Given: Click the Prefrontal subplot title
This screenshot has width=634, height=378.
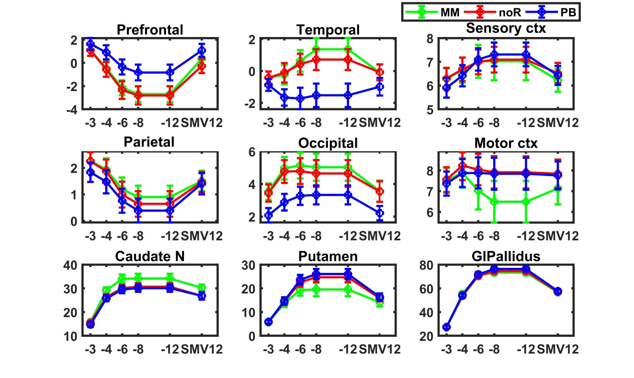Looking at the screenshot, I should pos(150,30).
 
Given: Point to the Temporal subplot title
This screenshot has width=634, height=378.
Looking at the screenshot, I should pos(328,30).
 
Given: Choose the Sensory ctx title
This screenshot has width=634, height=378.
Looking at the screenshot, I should pos(506,28).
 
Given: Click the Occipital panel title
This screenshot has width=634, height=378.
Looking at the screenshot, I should pos(328,143).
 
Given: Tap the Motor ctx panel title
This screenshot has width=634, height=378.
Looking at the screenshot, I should pos(506,143).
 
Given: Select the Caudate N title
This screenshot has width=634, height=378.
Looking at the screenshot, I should pos(150,256).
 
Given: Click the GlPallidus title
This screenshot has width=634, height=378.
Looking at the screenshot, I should pos(506,256).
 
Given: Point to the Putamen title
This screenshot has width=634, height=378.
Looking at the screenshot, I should pos(328,256).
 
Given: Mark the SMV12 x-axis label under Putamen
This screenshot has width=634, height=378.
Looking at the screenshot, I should pos(380,350).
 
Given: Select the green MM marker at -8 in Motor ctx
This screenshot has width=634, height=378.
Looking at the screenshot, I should pos(494,202).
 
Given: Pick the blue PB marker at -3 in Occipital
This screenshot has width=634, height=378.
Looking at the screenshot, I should pos(269,215).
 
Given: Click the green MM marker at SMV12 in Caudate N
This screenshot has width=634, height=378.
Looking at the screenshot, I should pos(202,288).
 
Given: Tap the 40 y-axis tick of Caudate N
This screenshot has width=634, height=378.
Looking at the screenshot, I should pos(73,265).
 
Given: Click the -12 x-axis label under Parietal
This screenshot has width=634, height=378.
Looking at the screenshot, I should pos(170,236).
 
